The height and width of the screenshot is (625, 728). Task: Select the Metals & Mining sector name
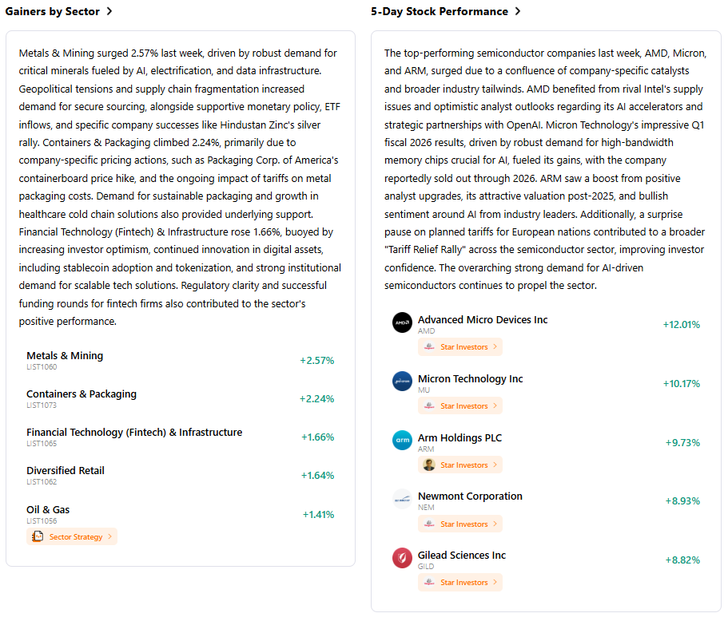(x=65, y=356)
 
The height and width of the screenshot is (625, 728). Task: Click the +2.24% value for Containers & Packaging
(x=316, y=399)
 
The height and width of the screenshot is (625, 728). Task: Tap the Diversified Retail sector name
(x=66, y=471)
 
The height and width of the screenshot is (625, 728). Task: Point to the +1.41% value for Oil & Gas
(x=318, y=515)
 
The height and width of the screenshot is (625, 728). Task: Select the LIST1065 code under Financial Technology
(x=42, y=444)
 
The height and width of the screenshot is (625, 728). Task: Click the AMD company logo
(x=402, y=322)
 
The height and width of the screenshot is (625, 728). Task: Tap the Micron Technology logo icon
(x=402, y=382)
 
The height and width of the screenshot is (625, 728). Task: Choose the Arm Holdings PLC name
(x=459, y=438)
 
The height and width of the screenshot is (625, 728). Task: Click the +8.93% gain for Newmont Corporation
(x=682, y=501)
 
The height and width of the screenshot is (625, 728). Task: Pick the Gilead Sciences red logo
(x=402, y=558)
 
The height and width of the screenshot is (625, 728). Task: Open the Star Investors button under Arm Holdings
(x=460, y=465)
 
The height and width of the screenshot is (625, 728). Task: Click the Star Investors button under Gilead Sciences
(x=460, y=583)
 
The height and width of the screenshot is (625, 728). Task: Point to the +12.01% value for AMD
(x=681, y=325)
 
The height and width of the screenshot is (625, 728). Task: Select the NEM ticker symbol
(x=426, y=508)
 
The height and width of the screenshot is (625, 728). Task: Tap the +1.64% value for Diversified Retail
(x=317, y=476)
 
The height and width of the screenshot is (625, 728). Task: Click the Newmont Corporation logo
(x=402, y=500)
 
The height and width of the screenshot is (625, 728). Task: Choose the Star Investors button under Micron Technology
(x=460, y=406)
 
